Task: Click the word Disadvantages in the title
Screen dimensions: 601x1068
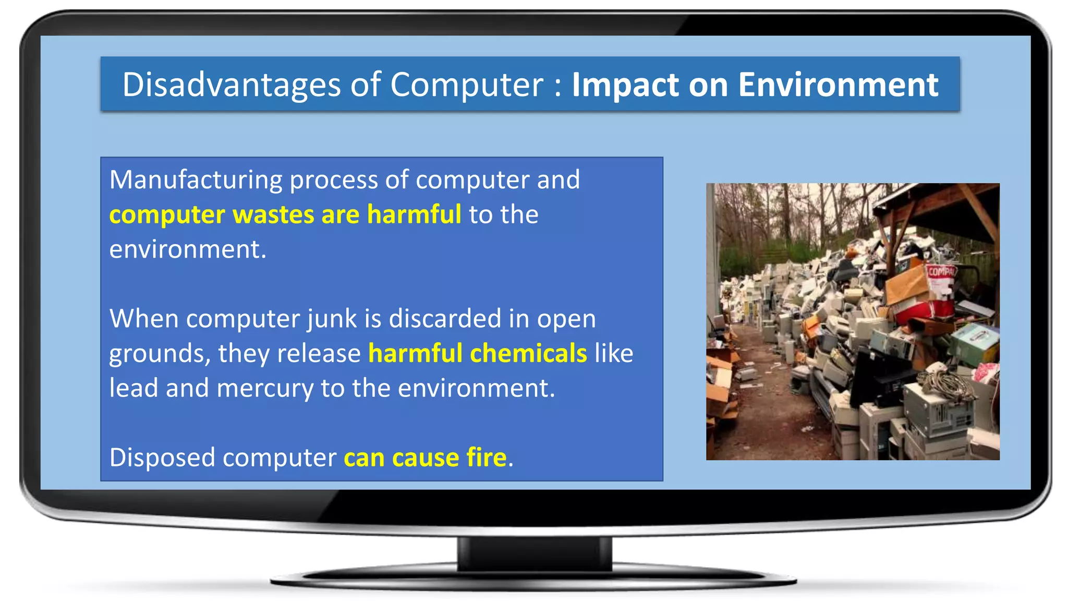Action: [x=231, y=85]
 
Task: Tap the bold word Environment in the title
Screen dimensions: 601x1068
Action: [x=838, y=85]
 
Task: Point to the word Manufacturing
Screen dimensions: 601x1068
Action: [x=196, y=180]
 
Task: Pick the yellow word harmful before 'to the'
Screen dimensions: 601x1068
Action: [x=414, y=214]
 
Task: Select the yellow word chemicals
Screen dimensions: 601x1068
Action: [x=528, y=353]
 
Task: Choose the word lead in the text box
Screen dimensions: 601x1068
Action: [x=133, y=388]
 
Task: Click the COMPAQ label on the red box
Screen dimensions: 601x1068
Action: [x=941, y=272]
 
